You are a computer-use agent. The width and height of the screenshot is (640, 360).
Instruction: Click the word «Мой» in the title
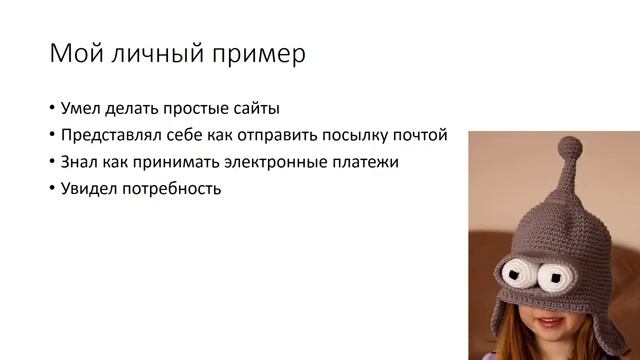coord(74,54)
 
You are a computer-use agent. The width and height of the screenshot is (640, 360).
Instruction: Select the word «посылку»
coord(362,135)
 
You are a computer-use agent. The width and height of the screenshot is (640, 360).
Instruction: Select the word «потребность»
coord(175,188)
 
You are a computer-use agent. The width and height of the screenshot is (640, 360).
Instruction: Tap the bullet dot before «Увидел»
coord(52,188)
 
